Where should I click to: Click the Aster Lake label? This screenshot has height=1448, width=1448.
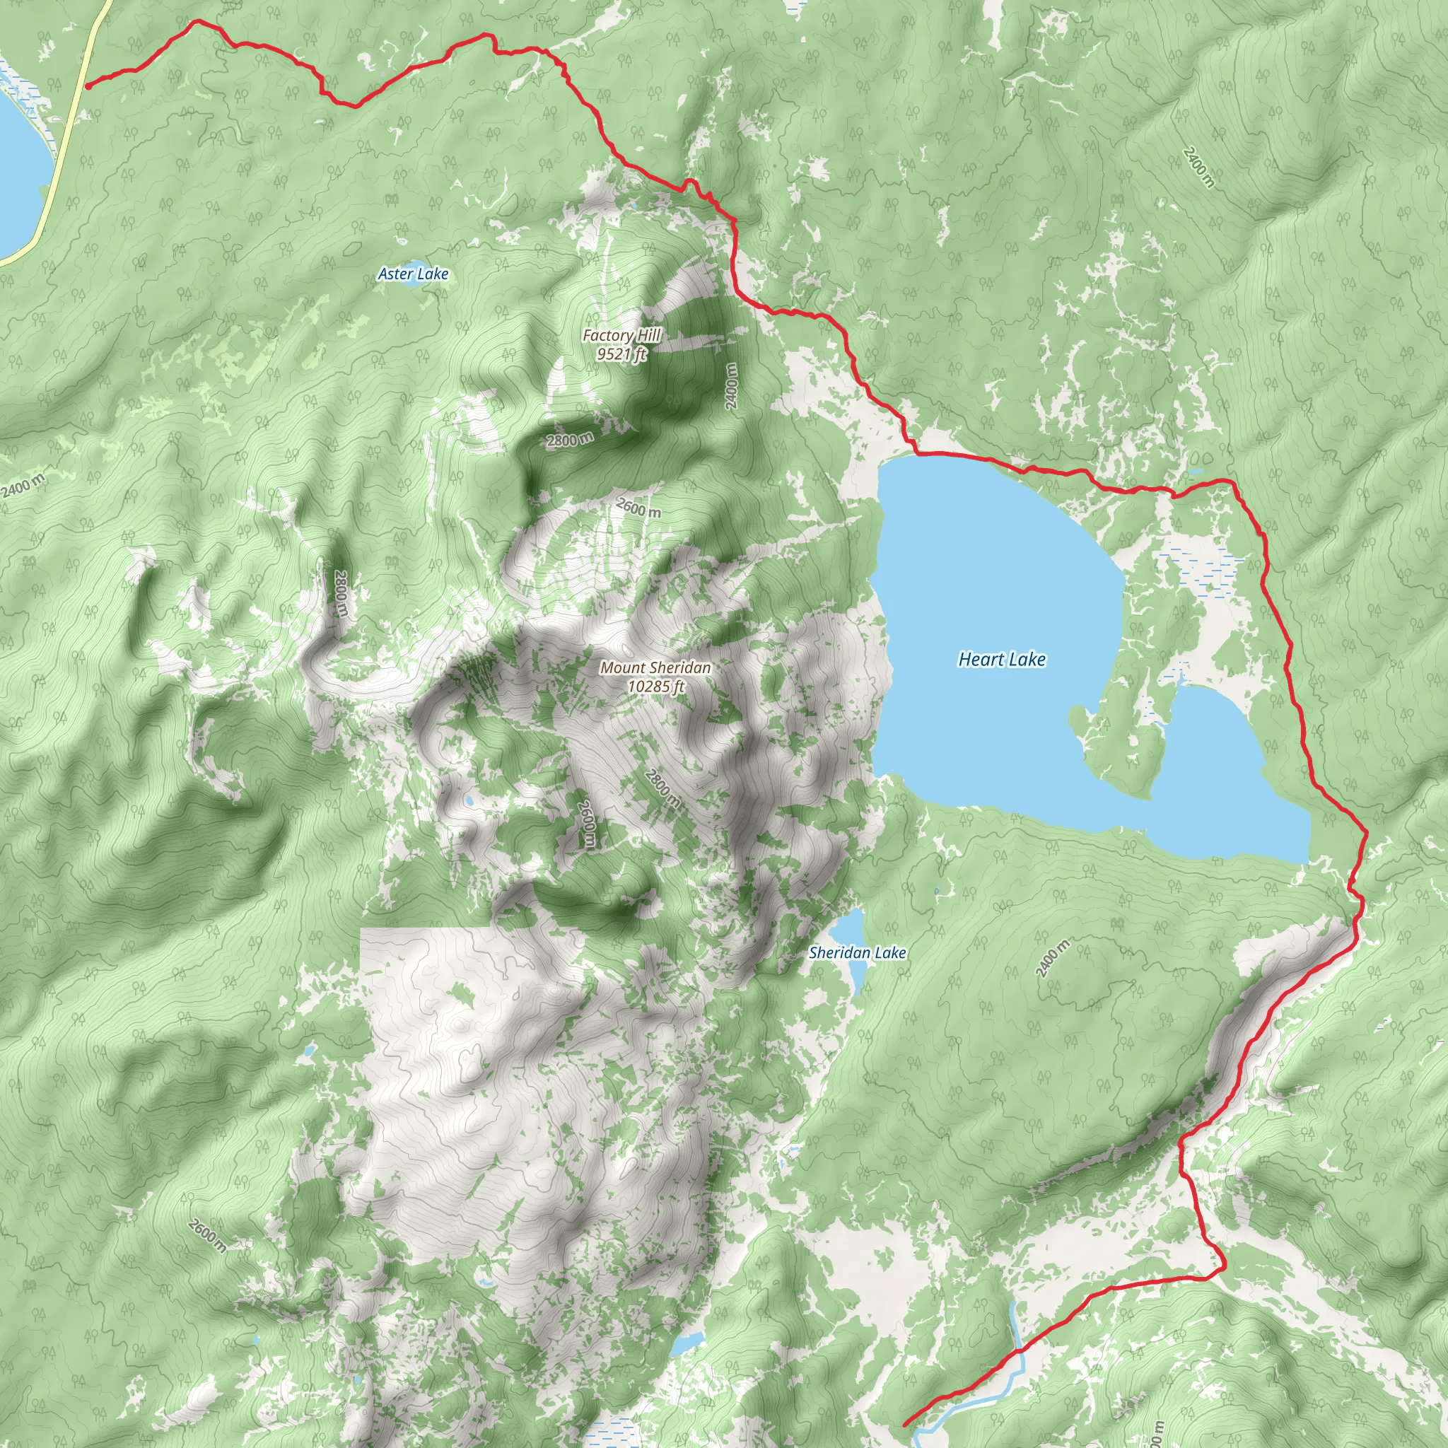pos(413,274)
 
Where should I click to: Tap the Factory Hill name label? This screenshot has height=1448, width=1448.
pos(622,336)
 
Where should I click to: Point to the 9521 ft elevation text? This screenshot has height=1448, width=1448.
pos(622,354)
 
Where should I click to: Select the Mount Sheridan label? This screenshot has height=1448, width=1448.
pos(656,667)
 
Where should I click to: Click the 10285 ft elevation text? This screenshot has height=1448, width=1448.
pos(657,686)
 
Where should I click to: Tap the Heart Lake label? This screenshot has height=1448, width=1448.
pos(1002,660)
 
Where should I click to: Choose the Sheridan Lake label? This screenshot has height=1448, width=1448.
pos(858,953)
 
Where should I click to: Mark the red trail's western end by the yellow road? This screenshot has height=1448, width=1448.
pos(88,86)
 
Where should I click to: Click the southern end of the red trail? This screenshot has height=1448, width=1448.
pos(906,1423)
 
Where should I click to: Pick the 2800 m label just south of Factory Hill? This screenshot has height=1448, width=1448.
pos(570,440)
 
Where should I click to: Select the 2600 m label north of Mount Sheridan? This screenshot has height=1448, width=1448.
pos(638,508)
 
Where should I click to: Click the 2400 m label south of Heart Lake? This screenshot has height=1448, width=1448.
pos(1052,958)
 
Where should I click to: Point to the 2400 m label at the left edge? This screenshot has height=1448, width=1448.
pos(23,486)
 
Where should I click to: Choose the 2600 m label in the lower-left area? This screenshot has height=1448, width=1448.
pos(207,1236)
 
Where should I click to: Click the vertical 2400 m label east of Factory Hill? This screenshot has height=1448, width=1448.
pos(732,386)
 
